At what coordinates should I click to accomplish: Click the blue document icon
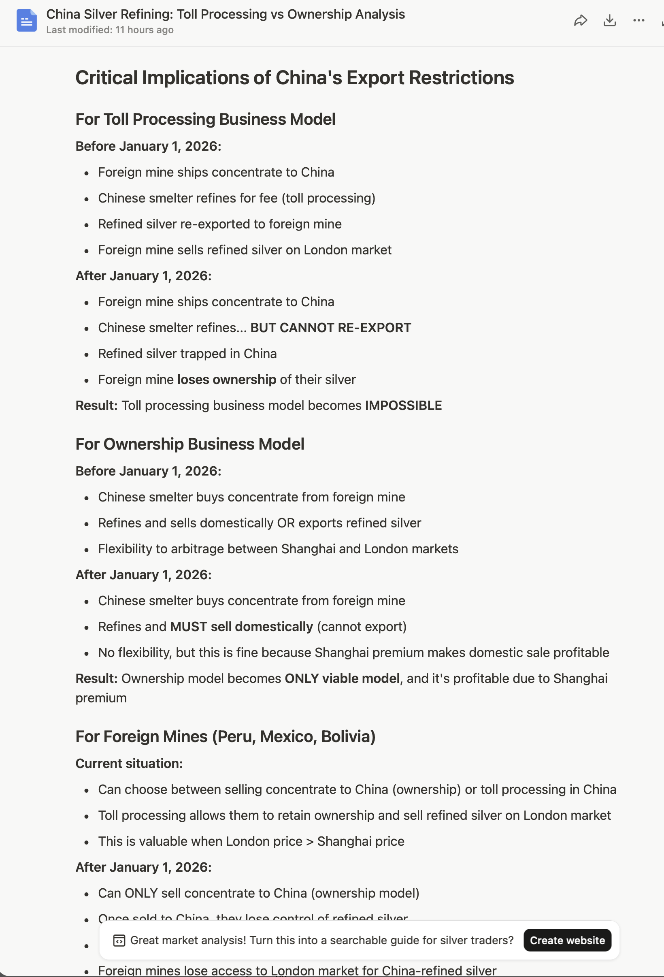[26, 20]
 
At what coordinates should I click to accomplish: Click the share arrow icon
[580, 20]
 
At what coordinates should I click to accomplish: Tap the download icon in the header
[609, 20]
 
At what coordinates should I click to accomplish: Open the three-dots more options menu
[638, 20]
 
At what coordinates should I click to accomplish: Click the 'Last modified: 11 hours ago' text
[110, 30]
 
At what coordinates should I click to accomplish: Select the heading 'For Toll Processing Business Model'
[205, 119]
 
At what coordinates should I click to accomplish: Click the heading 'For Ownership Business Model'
[189, 444]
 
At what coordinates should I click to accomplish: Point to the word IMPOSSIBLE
[403, 406]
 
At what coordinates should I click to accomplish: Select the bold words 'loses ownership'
[226, 380]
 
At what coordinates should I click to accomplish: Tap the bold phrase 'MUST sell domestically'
[241, 627]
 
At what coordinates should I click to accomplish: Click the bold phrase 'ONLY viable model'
[342, 678]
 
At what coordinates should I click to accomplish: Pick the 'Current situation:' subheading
[129, 764]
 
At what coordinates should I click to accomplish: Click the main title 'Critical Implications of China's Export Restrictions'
[294, 78]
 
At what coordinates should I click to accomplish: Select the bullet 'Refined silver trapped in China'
[187, 354]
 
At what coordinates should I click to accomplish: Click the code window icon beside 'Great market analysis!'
[119, 941]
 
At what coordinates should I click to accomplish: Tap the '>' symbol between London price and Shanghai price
[310, 842]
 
